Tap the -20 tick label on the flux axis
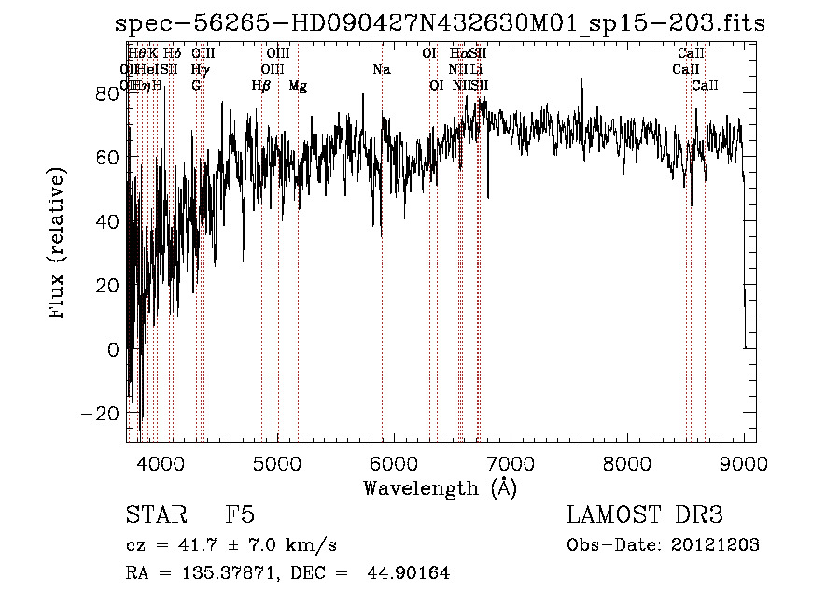(105, 414)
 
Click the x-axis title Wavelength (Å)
(440, 486)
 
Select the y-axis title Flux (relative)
(59, 245)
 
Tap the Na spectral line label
(381, 70)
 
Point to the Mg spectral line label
(298, 86)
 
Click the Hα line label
(457, 54)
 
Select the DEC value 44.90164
(412, 573)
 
